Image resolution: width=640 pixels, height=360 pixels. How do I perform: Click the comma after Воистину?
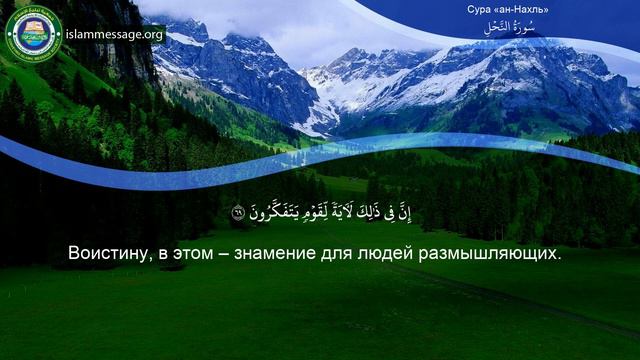152,258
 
